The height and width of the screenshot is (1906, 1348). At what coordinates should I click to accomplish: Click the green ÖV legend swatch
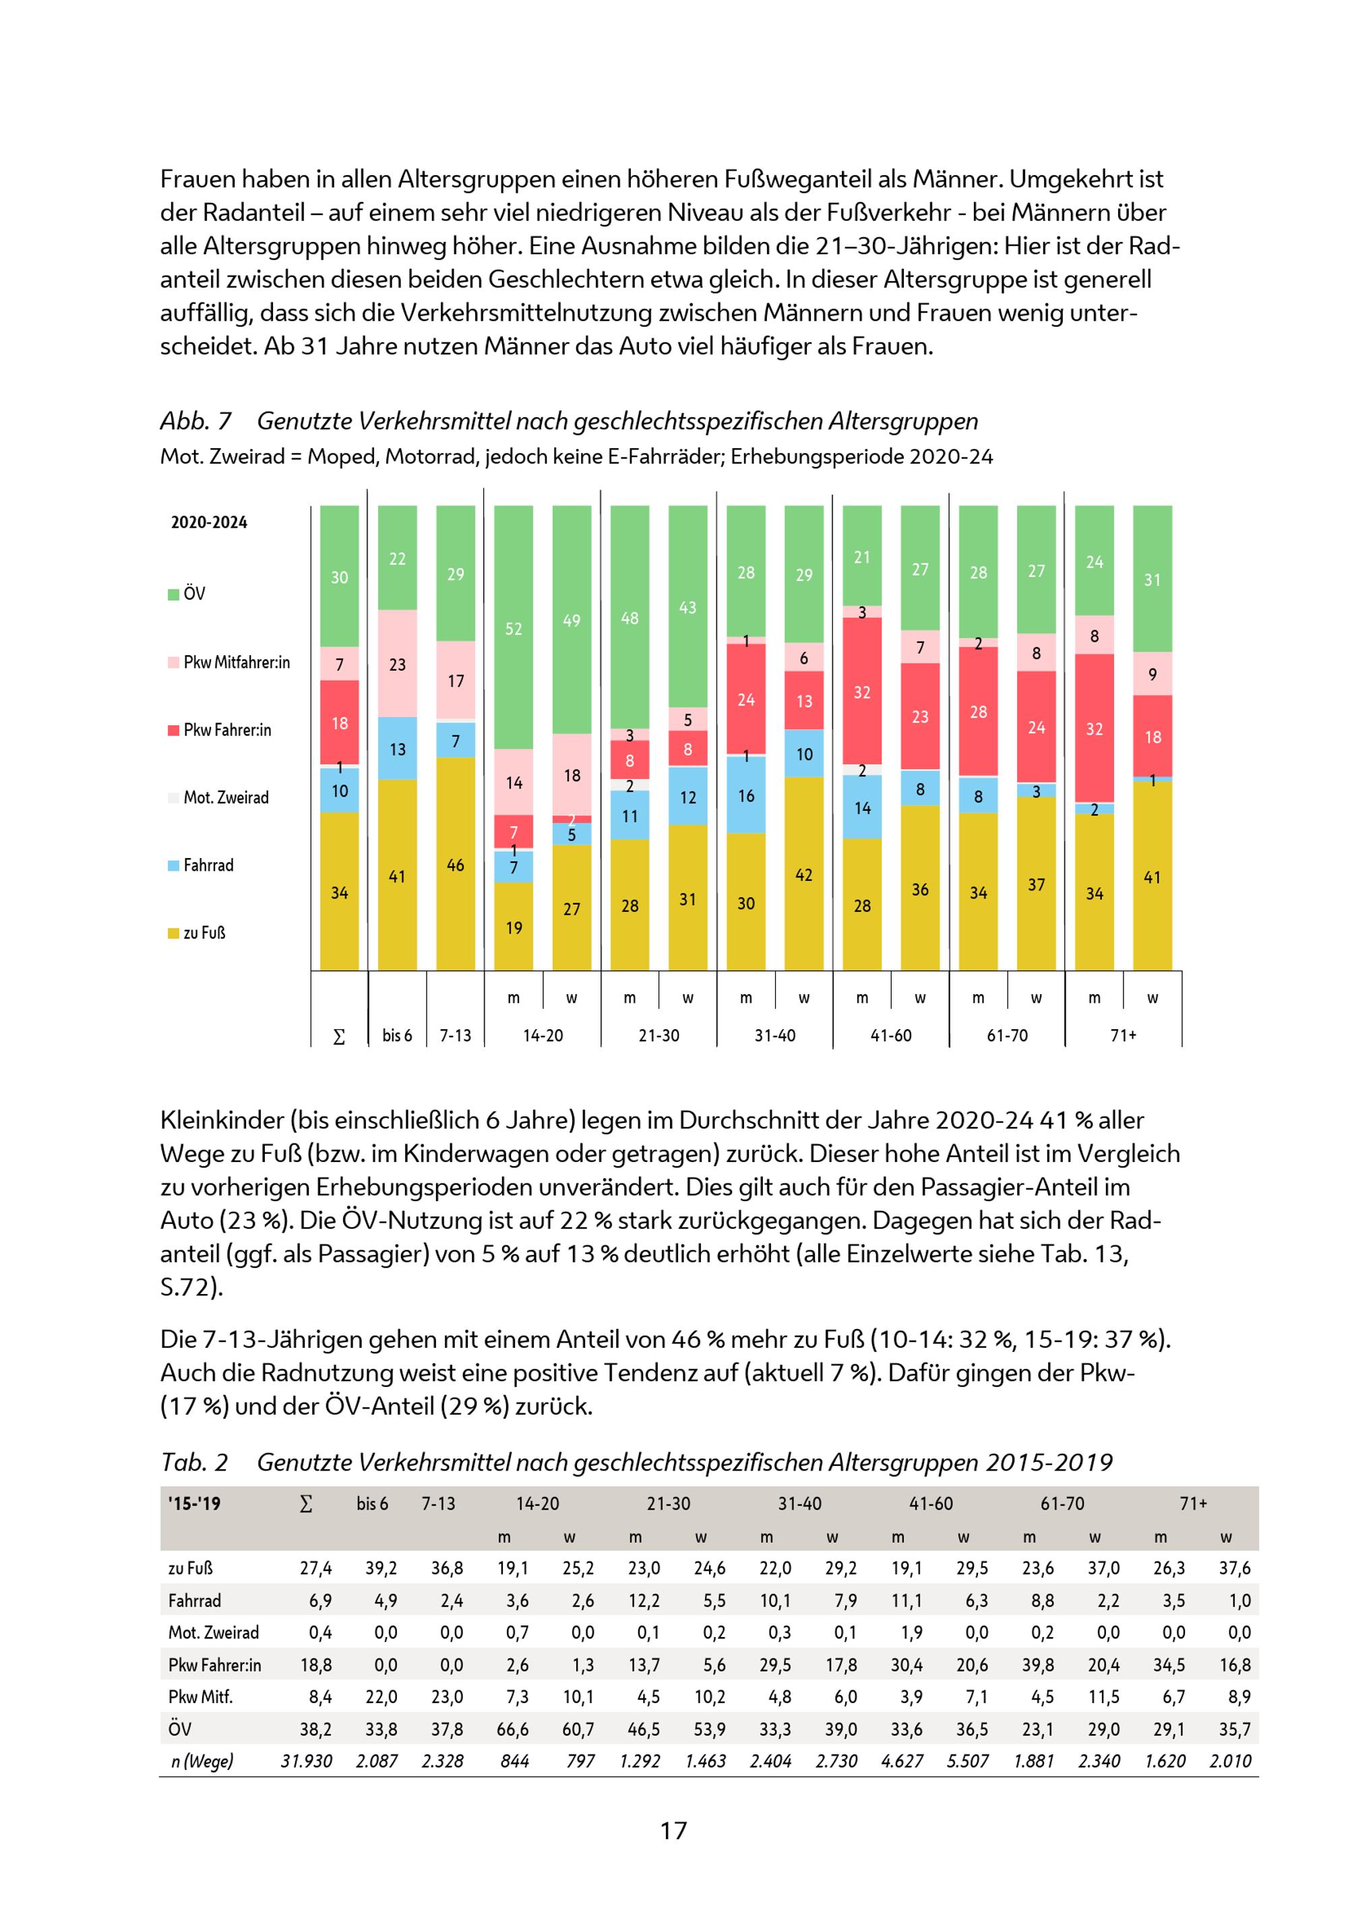tap(173, 594)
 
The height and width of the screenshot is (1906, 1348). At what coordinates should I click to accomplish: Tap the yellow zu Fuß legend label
tap(204, 933)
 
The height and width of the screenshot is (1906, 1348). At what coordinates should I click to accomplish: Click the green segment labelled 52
tap(514, 628)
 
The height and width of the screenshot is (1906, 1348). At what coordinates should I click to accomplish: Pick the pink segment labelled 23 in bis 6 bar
tap(398, 664)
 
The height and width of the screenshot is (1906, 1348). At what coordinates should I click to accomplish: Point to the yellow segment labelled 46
tap(456, 864)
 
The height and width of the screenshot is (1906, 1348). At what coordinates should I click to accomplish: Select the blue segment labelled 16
tap(746, 795)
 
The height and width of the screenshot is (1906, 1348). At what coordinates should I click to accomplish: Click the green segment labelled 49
tap(572, 620)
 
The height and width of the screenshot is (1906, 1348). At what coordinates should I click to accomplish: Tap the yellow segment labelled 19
tap(514, 927)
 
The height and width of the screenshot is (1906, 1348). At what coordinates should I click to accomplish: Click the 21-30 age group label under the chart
tap(659, 1035)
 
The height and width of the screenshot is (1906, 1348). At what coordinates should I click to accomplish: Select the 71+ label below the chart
tap(1123, 1035)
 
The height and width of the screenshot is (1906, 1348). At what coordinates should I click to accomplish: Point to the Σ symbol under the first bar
tap(338, 1037)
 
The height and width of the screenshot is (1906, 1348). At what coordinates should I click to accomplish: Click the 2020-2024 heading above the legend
tap(209, 522)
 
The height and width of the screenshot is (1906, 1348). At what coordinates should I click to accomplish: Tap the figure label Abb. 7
tap(196, 421)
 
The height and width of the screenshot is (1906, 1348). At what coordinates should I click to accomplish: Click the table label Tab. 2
tap(194, 1462)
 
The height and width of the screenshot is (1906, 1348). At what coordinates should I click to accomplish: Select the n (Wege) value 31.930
tap(306, 1760)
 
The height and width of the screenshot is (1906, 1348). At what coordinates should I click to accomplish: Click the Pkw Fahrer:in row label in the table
tap(214, 1665)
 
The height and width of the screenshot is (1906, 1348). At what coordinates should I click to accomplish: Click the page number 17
tap(673, 1831)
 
